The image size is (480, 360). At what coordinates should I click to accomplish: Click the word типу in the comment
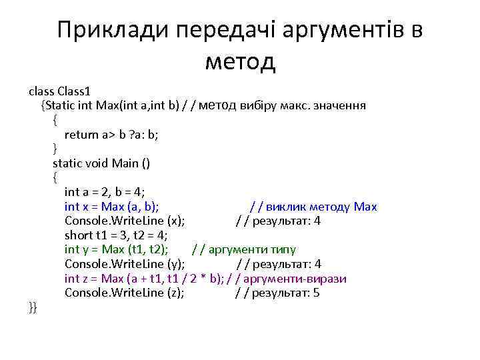click(x=283, y=249)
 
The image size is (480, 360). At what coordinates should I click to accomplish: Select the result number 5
click(x=316, y=293)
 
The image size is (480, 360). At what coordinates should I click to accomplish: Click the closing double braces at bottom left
click(x=33, y=307)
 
